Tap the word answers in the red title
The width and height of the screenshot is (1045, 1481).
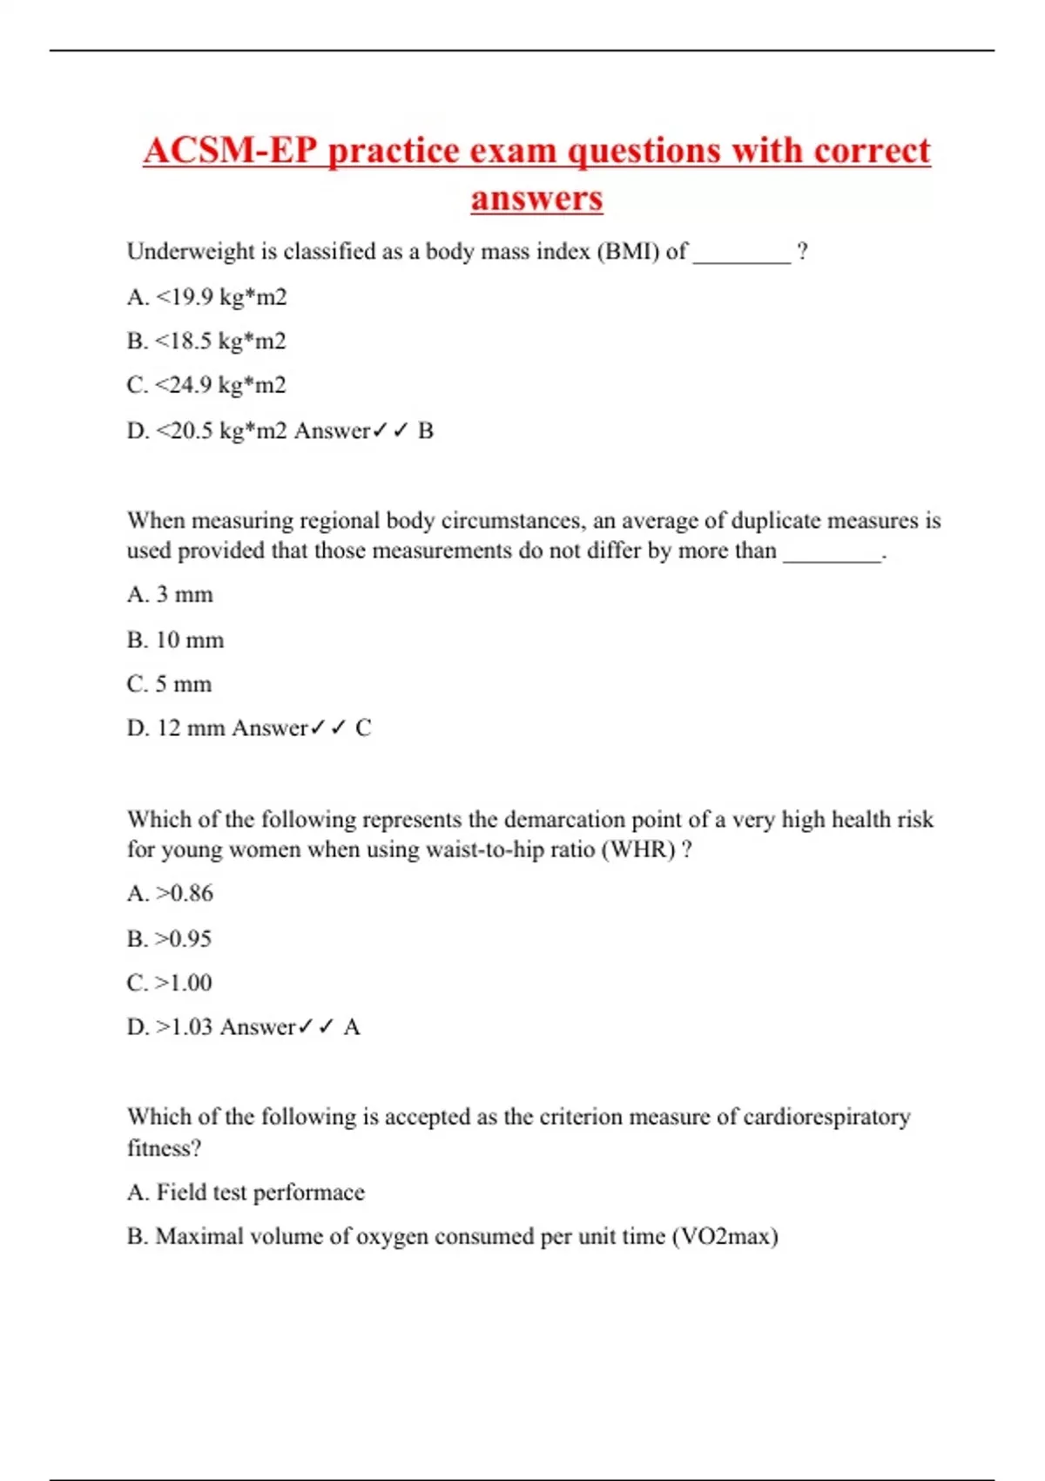[536, 198]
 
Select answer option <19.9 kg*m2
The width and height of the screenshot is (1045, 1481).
[220, 297]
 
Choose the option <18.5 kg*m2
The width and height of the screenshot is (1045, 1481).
[220, 341]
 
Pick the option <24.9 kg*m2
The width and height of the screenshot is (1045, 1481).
[220, 385]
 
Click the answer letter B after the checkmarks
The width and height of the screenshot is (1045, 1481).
[425, 430]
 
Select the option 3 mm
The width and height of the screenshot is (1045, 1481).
[184, 595]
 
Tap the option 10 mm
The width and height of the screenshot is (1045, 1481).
[189, 640]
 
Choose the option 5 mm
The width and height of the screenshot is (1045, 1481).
[183, 684]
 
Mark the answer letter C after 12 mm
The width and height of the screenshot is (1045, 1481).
[363, 728]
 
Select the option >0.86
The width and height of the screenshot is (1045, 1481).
[184, 894]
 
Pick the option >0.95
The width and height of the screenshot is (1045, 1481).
[183, 939]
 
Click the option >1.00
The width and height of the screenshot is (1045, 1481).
[183, 983]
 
